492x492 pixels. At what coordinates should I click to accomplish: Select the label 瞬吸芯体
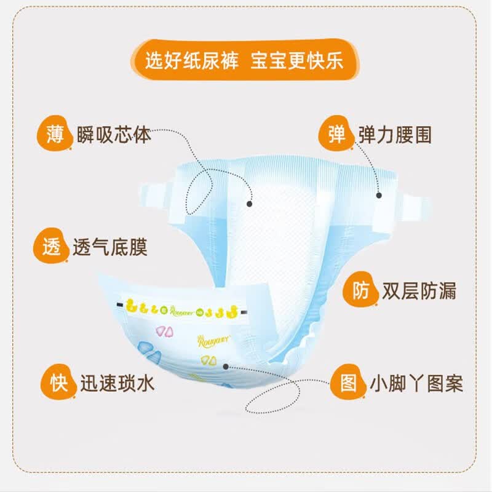[114, 134]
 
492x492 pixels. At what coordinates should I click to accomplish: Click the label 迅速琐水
[117, 383]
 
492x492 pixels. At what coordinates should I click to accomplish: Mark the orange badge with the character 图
[348, 383]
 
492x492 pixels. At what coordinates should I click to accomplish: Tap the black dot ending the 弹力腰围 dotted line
[378, 195]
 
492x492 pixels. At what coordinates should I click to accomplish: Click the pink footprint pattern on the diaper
[164, 331]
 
